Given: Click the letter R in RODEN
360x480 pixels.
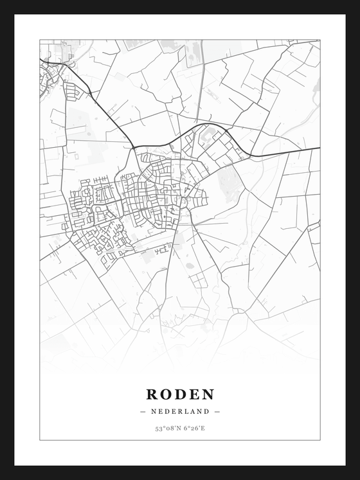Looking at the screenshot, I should pos(152,395).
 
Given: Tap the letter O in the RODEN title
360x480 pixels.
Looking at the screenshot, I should pos(166,395).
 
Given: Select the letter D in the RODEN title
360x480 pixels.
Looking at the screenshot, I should pos(181,395).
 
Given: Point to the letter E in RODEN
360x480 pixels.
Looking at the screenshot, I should pos(194,395).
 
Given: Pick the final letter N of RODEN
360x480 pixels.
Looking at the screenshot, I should pos(208,395).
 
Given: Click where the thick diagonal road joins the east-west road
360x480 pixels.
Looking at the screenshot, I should pos(134,147).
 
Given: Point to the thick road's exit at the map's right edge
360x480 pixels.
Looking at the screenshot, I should pos(319,148).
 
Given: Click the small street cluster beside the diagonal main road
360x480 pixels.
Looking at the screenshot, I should pos(72,92).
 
